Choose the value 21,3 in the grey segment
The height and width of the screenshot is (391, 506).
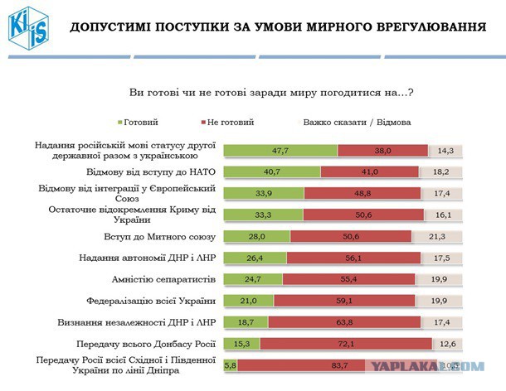pos(437,235)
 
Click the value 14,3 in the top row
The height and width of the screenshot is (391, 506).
pos(445,150)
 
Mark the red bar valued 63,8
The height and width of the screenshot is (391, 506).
pos(348,321)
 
